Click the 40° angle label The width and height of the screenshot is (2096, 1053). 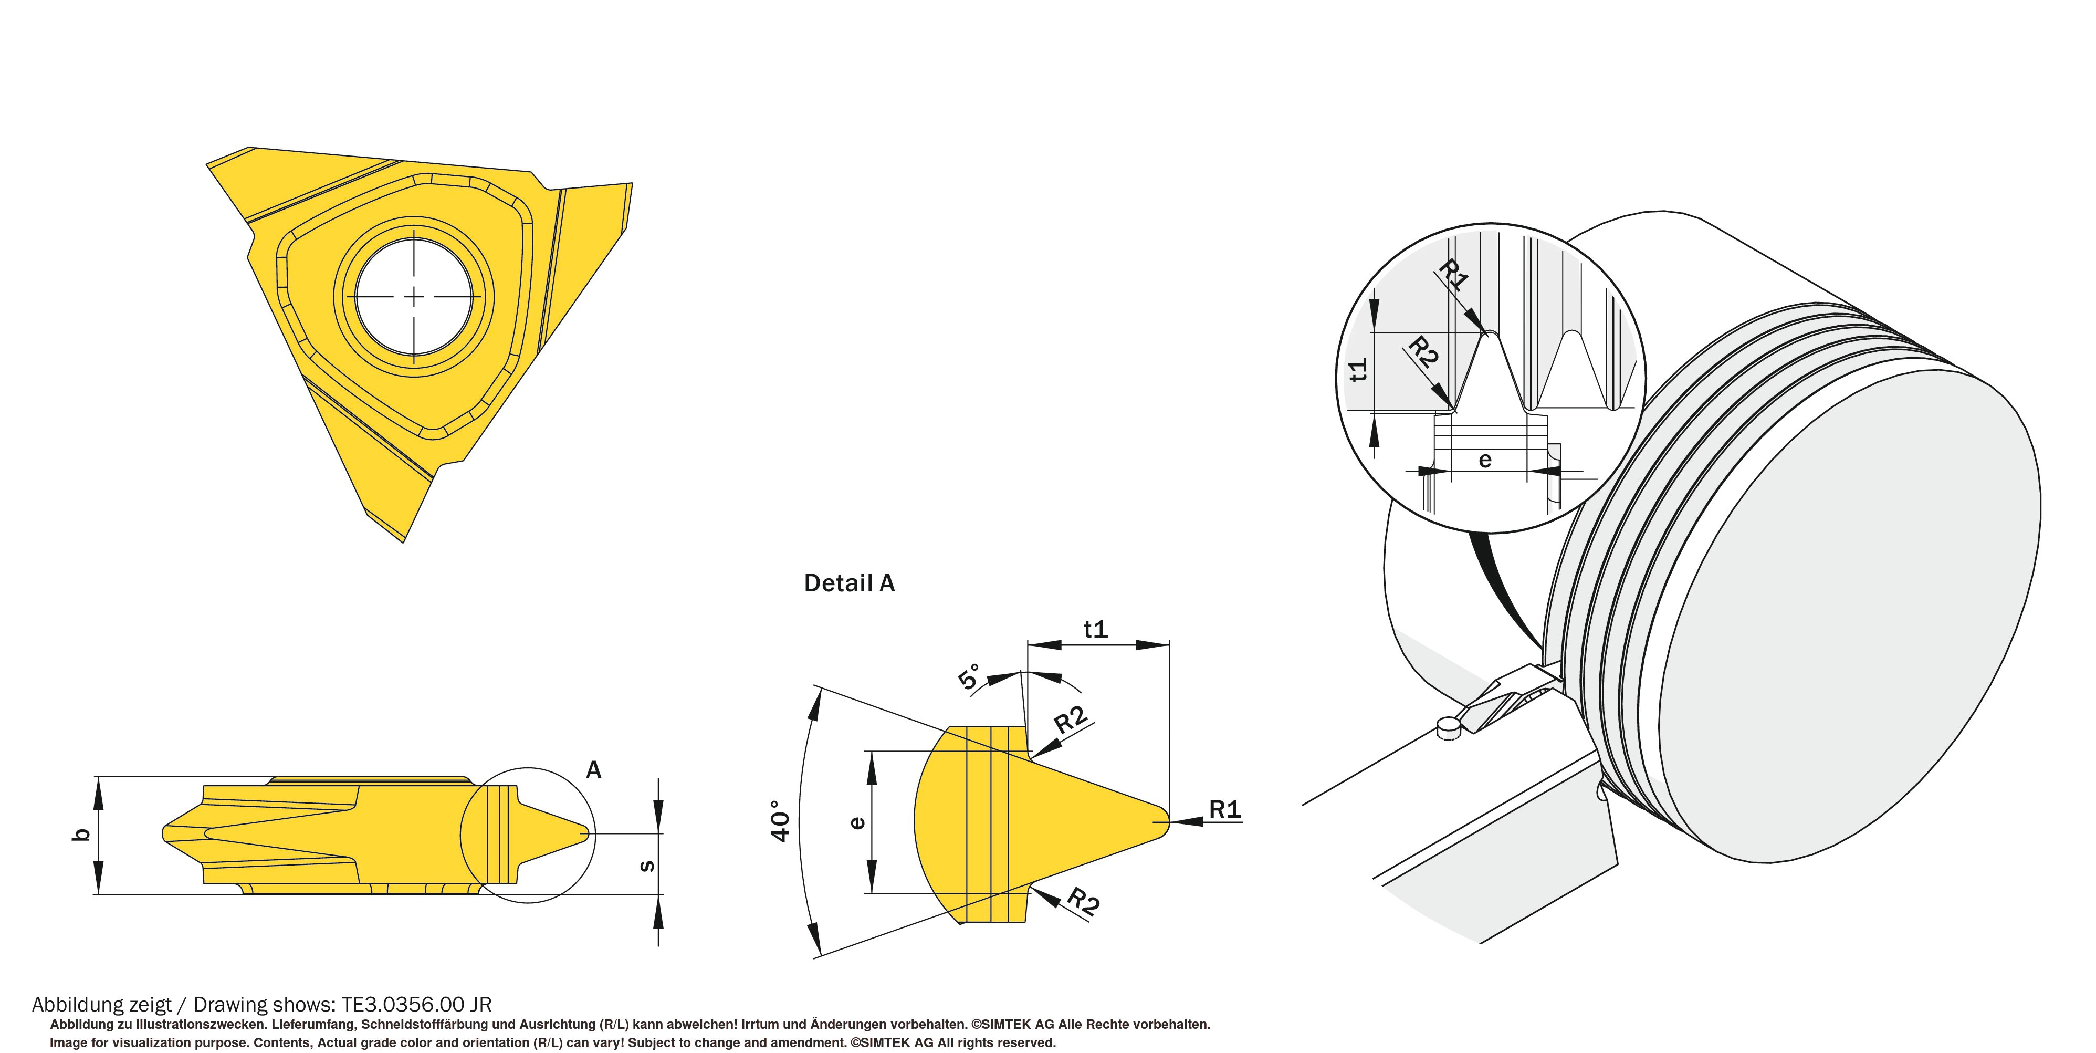pyautogui.click(x=780, y=820)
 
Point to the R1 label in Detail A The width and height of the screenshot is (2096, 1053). pyautogui.click(x=1224, y=809)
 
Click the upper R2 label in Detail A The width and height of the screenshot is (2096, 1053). pyautogui.click(x=1071, y=720)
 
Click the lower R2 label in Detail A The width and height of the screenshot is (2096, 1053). pyautogui.click(x=1083, y=902)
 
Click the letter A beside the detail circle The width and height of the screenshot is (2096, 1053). pyautogui.click(x=593, y=770)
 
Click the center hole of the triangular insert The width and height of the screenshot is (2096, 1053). pyautogui.click(x=414, y=297)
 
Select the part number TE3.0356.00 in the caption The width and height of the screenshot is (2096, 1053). pyautogui.click(x=404, y=1005)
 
